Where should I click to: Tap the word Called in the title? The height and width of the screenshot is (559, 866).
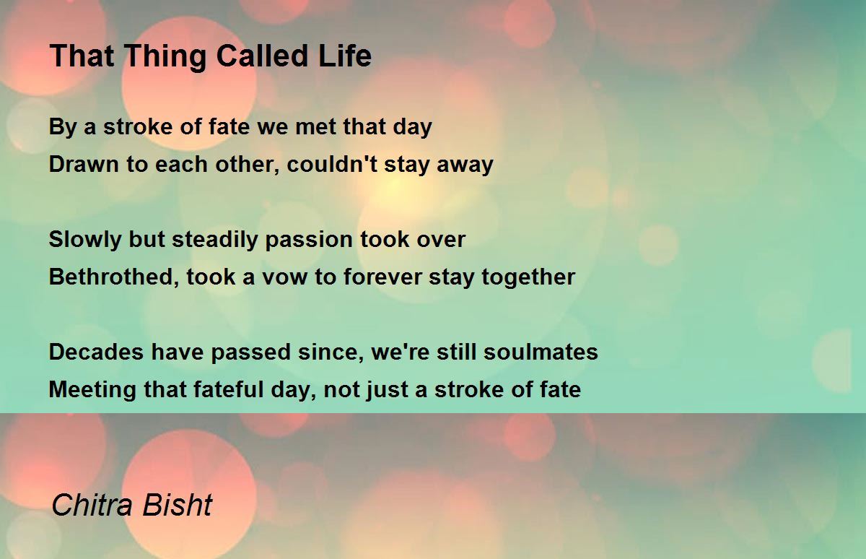coord(262,56)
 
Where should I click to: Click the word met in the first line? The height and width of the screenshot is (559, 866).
coord(316,127)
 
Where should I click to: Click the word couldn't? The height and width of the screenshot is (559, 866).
coord(332,164)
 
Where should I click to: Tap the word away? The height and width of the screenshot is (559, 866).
coord(465,165)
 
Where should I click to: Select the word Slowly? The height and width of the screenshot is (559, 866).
coord(85,240)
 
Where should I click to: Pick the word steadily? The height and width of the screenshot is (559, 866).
coord(214,240)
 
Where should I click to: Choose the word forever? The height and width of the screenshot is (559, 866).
coord(382,277)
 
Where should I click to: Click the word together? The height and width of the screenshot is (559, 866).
coord(528,278)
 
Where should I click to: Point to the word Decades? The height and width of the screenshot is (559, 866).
coord(96,352)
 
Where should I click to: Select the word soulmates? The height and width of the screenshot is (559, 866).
coord(541,352)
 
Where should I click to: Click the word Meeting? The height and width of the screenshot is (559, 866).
coord(92,390)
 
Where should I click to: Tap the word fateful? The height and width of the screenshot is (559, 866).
coord(228,389)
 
